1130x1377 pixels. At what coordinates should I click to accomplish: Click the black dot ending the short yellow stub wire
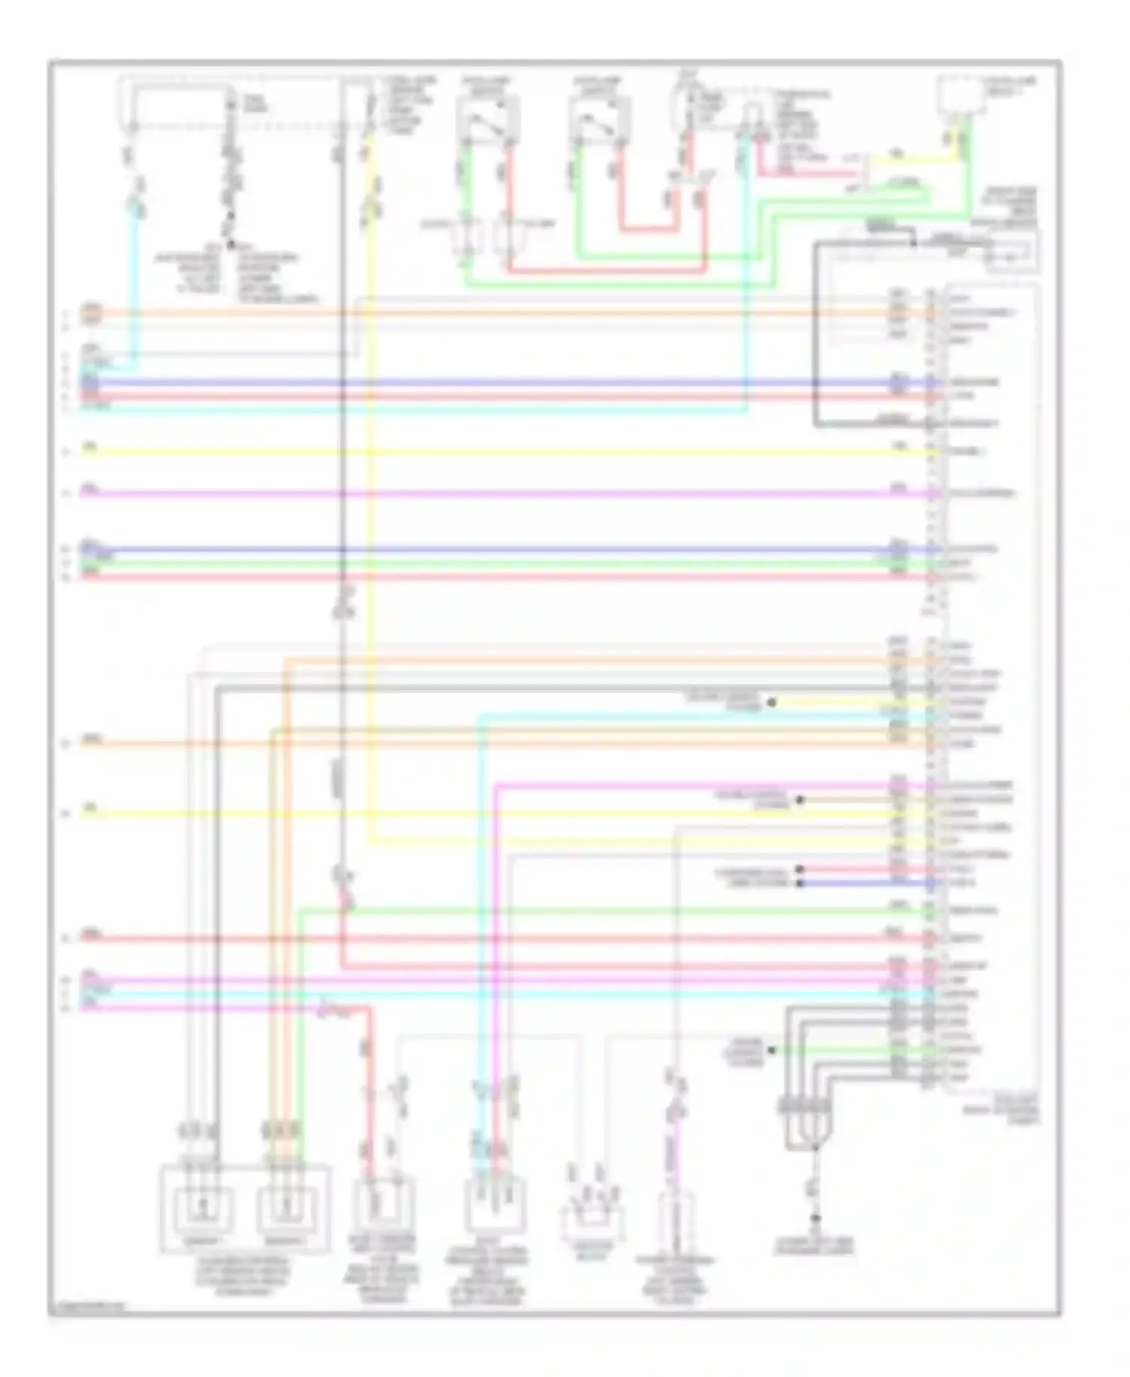click(x=771, y=702)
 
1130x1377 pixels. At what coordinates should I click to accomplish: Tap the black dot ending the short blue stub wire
click(x=799, y=883)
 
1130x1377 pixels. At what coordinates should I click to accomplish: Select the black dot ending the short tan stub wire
click(x=799, y=800)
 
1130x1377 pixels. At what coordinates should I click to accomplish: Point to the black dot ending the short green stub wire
click(x=771, y=1049)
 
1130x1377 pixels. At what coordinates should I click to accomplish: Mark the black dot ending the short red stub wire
click(x=799, y=869)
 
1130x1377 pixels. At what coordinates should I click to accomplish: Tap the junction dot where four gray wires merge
click(x=814, y=1148)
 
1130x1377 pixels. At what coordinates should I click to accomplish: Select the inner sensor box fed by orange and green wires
click(x=286, y=1208)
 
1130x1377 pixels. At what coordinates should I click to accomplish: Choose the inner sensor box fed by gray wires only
click(x=201, y=1208)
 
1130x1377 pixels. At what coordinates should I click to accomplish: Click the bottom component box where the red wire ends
click(x=383, y=1204)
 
